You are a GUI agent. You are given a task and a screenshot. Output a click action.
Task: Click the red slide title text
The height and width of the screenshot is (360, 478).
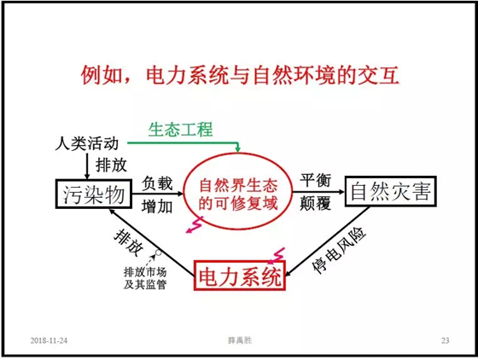(x=240, y=74)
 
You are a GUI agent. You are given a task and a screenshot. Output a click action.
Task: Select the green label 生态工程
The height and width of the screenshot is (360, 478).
(x=180, y=130)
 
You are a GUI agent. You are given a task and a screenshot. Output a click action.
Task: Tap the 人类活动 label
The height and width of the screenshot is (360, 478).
(x=86, y=143)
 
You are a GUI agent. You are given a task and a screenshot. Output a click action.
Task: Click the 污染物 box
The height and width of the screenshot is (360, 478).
(x=94, y=194)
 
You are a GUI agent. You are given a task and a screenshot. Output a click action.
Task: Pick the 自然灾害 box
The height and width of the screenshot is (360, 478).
(x=391, y=192)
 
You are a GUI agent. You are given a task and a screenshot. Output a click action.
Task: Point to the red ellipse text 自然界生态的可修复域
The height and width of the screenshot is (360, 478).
(x=238, y=195)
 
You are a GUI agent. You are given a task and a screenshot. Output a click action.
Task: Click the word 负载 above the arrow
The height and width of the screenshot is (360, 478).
(x=157, y=183)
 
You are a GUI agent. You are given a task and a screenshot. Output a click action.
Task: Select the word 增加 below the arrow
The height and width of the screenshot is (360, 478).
(x=157, y=206)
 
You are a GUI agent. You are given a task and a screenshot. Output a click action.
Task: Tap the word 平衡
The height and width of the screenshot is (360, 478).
(x=315, y=180)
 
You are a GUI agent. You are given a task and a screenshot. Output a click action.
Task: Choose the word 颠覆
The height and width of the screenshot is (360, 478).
(x=315, y=203)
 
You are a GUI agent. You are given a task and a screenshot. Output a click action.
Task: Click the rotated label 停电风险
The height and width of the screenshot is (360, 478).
(x=339, y=251)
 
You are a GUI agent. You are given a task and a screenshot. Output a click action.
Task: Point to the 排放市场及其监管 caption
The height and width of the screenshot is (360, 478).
(x=145, y=278)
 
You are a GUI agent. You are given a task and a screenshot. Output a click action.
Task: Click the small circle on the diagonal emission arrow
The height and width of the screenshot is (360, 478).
(x=158, y=253)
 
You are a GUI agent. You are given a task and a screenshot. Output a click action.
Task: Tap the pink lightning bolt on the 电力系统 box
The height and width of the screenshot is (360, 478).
(x=277, y=256)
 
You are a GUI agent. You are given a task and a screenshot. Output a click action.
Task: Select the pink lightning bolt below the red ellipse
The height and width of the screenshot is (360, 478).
(x=195, y=224)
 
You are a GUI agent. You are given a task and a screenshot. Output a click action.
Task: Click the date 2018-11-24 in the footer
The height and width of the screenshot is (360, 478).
(x=49, y=340)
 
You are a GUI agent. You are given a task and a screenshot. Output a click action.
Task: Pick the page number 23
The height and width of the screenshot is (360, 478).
(x=445, y=340)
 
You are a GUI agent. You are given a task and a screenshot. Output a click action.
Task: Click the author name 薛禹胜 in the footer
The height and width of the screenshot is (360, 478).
(x=240, y=340)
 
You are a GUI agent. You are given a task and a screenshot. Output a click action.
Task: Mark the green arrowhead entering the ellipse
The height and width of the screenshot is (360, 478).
(x=238, y=148)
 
